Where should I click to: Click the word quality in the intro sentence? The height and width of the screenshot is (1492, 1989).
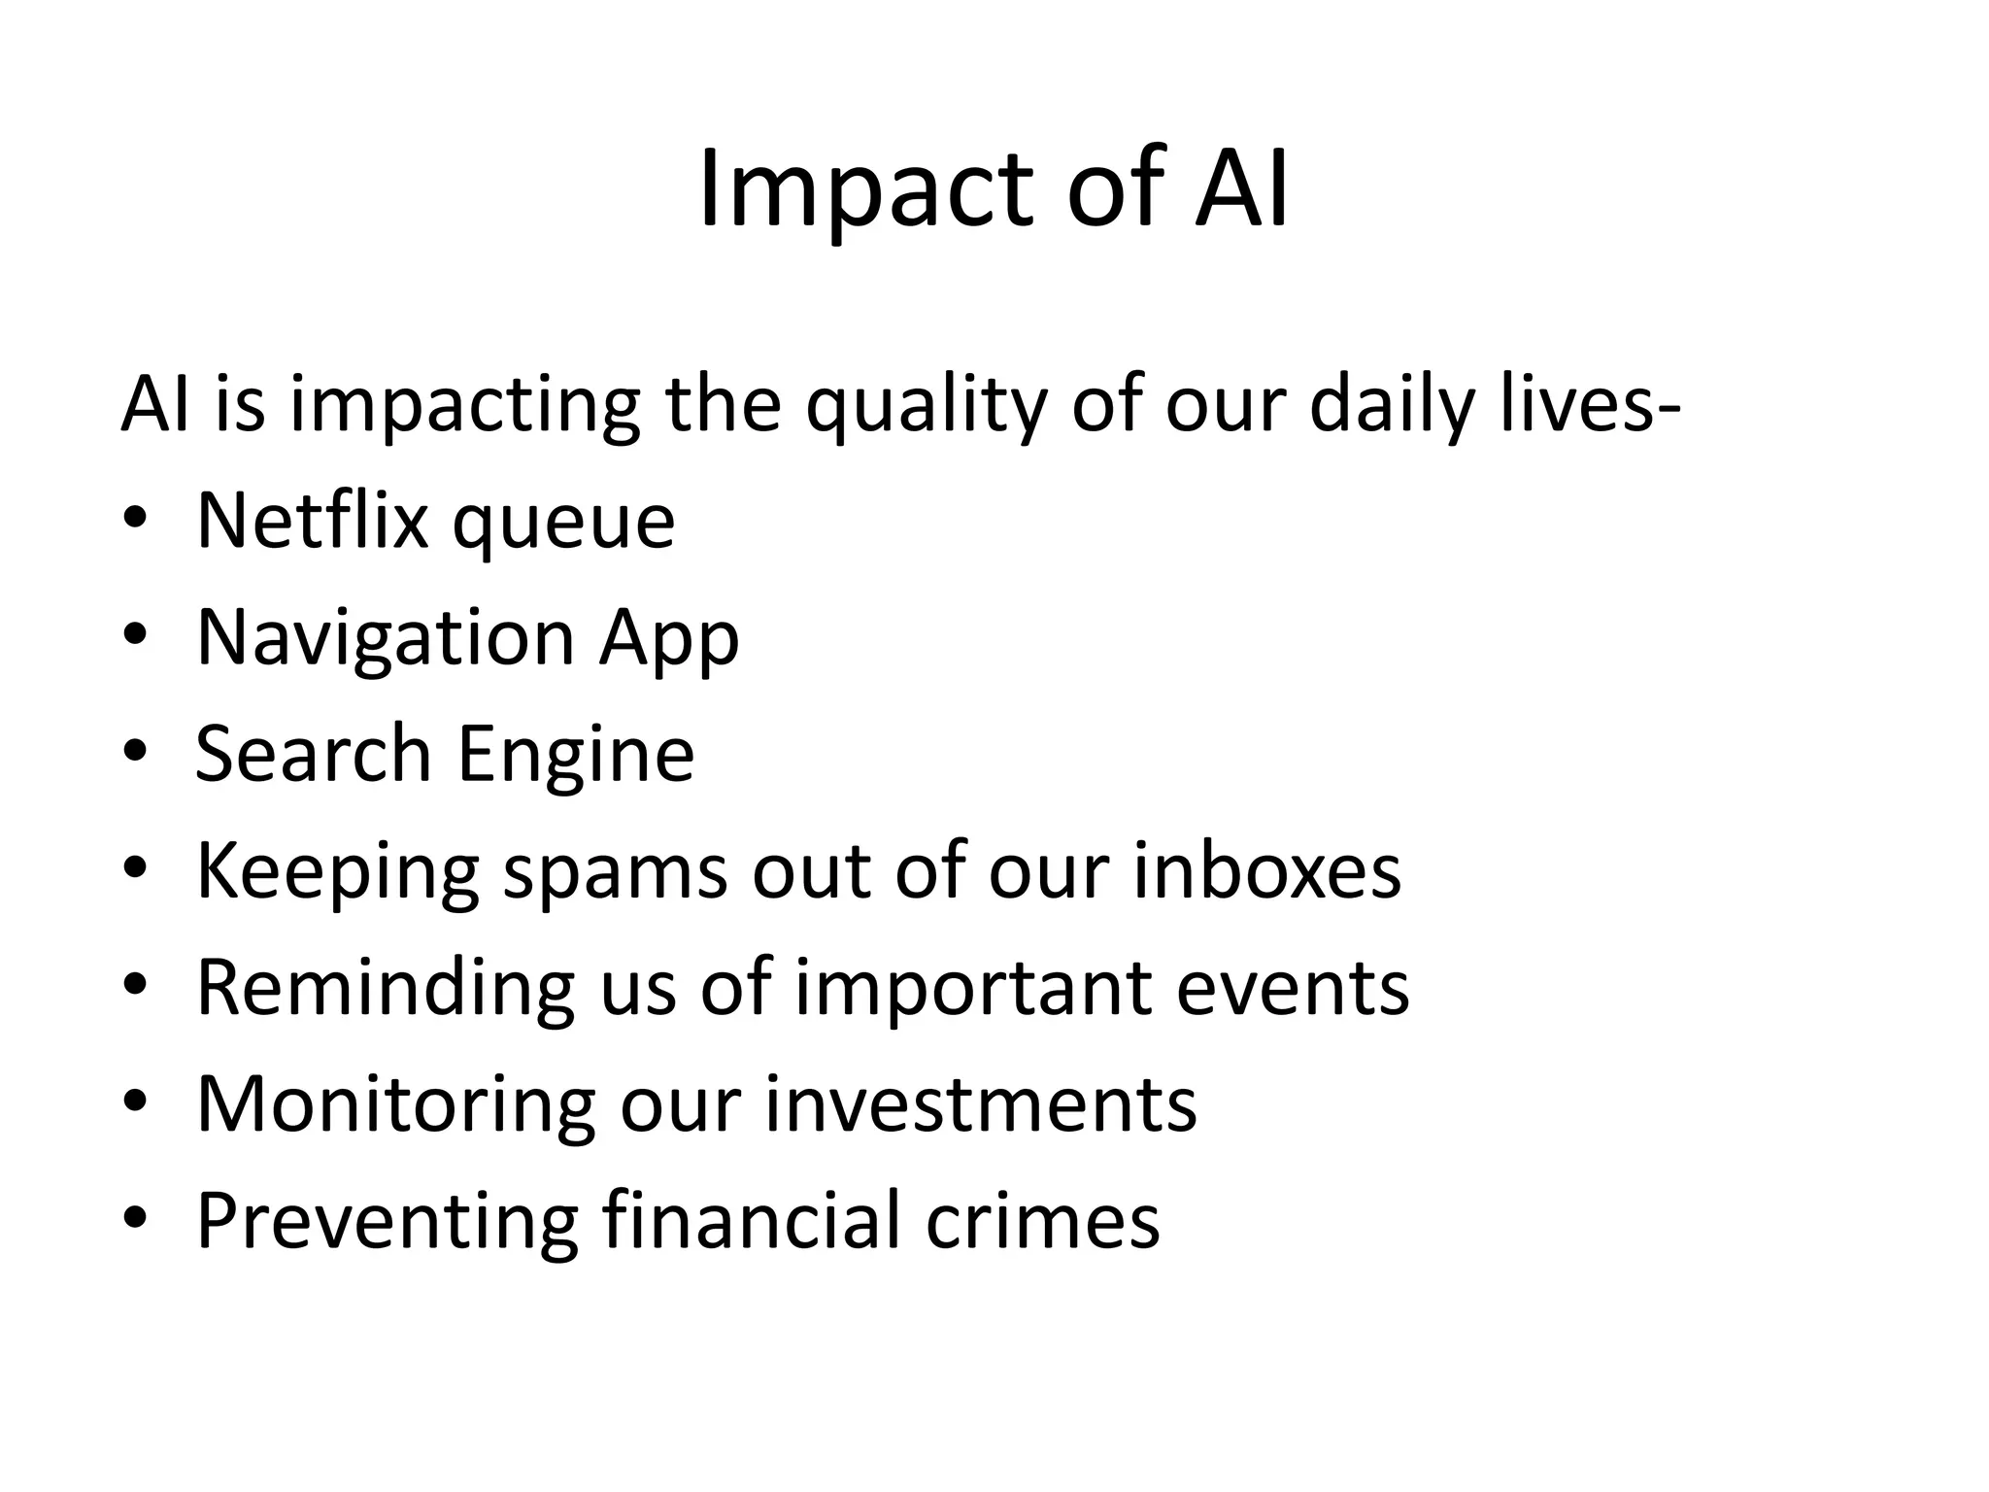926,406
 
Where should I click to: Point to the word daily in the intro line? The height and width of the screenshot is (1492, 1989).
1392,406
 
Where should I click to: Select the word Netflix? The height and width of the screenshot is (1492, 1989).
312,521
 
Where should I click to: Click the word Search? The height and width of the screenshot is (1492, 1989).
312,754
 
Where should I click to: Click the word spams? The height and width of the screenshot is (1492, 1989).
614,872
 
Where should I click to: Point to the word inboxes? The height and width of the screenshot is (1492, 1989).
1266,870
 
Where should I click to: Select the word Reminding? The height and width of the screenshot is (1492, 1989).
386,989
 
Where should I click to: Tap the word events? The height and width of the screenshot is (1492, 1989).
1292,989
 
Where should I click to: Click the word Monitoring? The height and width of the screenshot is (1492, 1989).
395,1105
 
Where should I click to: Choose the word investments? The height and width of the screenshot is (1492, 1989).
981,1103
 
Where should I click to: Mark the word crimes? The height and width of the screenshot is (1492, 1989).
1042,1220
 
